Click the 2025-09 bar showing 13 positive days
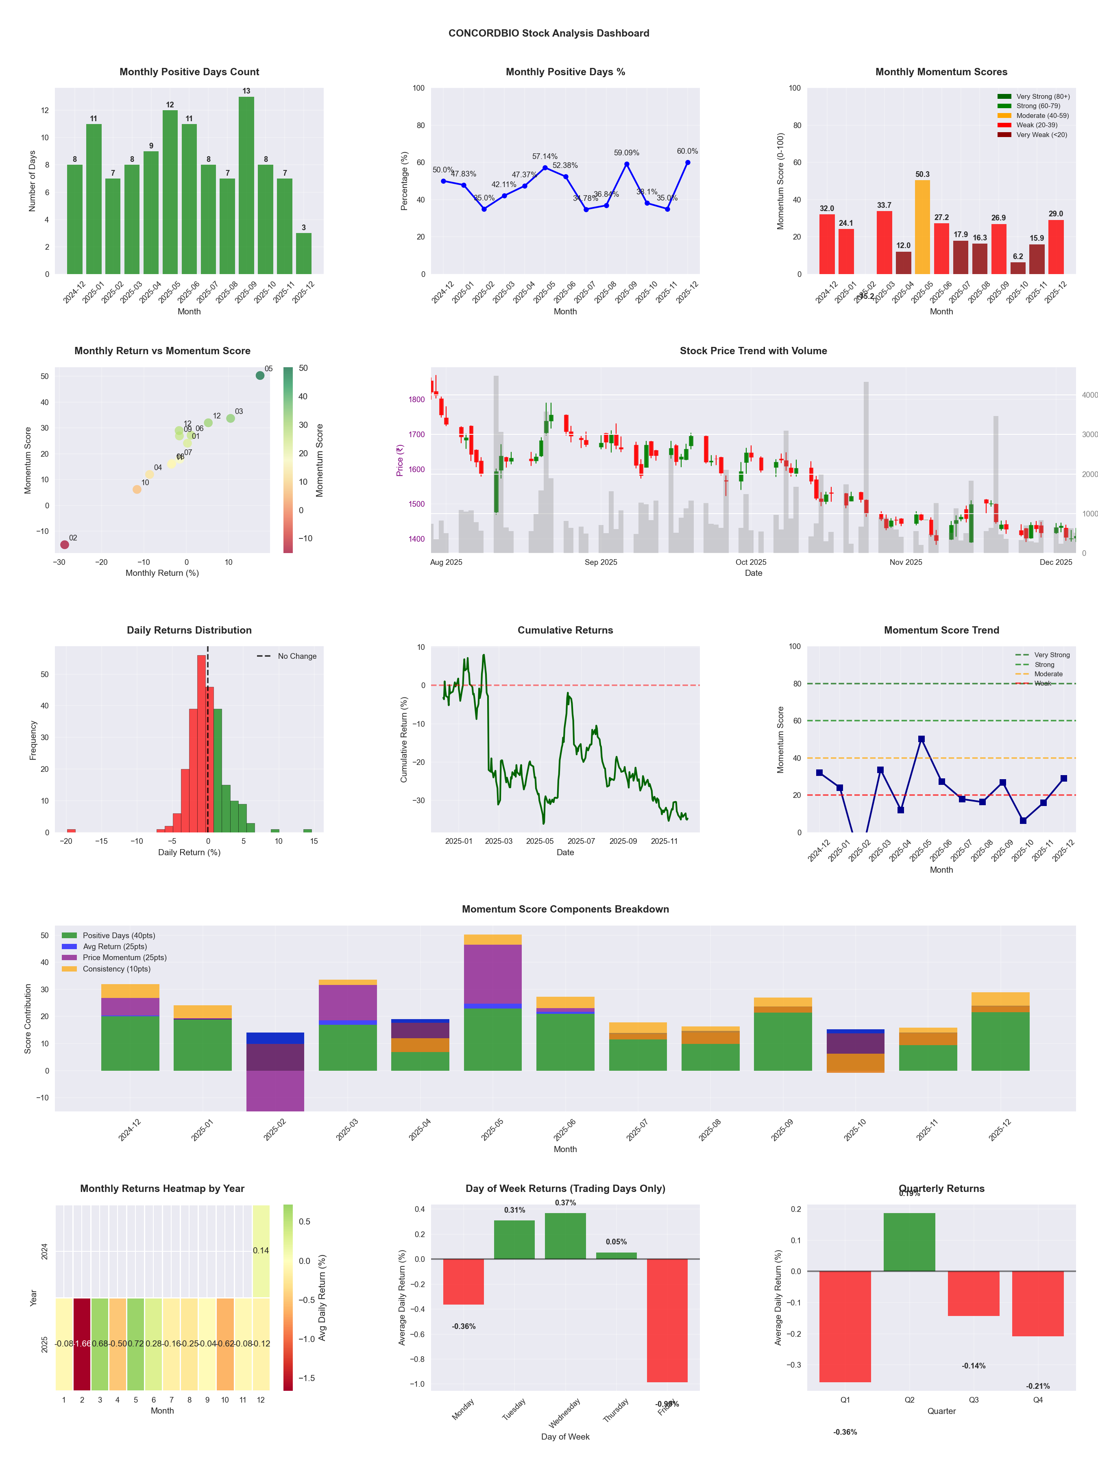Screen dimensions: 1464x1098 pyautogui.click(x=246, y=185)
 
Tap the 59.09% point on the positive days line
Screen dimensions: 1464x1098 pyautogui.click(x=627, y=164)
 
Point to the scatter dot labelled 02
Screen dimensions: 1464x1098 pyautogui.click(x=64, y=545)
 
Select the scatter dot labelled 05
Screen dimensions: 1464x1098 pyautogui.click(x=260, y=375)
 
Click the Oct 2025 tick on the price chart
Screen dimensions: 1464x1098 pyautogui.click(x=751, y=562)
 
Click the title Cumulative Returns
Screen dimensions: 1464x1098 pyautogui.click(x=565, y=630)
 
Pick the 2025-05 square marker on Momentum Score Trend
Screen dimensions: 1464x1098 pyautogui.click(x=921, y=739)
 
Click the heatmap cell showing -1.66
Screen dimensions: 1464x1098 pyautogui.click(x=82, y=1344)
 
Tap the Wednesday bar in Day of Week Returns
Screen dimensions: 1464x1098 pyautogui.click(x=565, y=1236)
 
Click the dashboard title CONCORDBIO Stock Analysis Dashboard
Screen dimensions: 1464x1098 pyautogui.click(x=549, y=33)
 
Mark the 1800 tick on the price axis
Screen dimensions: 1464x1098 pyautogui.click(x=416, y=400)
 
